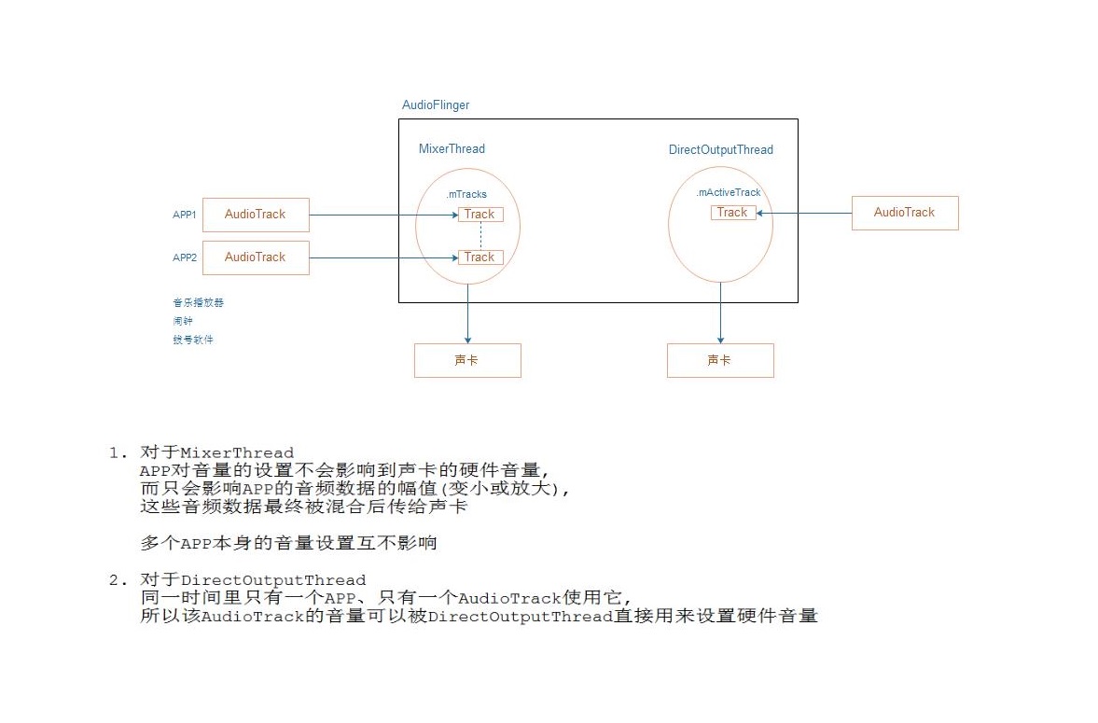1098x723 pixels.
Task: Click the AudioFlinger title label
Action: coord(436,105)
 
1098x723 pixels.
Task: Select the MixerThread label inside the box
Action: coord(452,149)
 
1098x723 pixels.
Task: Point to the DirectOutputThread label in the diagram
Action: coord(720,150)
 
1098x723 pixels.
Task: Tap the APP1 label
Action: coord(184,215)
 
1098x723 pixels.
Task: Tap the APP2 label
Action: coord(184,257)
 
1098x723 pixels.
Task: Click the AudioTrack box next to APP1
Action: coord(256,215)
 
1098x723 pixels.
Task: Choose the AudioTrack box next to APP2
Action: coord(256,257)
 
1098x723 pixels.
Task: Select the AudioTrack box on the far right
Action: coord(904,213)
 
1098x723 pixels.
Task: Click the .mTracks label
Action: coord(466,194)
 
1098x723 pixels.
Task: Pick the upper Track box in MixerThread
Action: coord(480,215)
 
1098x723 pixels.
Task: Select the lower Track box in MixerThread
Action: coord(480,257)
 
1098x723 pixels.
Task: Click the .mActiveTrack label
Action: coord(729,192)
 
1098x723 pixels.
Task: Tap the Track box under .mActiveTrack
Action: coord(732,213)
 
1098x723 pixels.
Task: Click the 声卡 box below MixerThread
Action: coord(467,360)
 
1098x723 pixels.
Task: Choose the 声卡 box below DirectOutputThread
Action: coord(720,360)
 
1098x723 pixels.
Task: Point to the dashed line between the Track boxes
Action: coord(480,236)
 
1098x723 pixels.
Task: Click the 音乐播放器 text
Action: coord(198,302)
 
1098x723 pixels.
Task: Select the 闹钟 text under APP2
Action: coord(183,321)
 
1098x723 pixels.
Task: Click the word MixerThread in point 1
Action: coord(237,453)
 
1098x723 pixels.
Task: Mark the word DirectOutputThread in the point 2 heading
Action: coord(273,580)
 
